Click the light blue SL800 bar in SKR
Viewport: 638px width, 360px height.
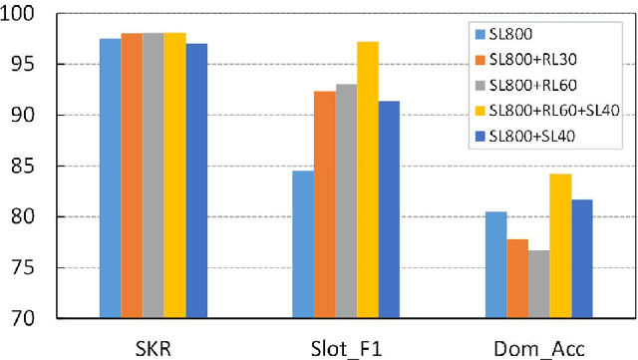[110, 180]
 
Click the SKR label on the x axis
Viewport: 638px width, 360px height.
[153, 345]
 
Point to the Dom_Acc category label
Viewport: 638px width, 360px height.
[539, 345]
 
